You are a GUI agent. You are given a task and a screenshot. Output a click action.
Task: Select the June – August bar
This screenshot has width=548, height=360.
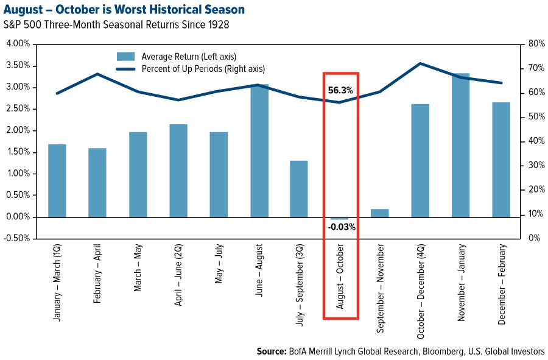click(259, 150)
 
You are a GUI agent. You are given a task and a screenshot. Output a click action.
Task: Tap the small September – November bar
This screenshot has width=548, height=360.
click(380, 213)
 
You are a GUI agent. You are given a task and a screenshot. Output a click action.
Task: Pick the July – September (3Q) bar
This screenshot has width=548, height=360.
click(300, 189)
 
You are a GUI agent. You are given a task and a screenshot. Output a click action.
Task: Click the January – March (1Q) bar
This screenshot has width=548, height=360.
click(57, 180)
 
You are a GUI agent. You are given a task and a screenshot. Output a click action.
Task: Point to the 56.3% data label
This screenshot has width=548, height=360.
click(340, 90)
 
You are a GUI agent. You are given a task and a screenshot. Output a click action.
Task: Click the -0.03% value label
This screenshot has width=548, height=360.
click(341, 227)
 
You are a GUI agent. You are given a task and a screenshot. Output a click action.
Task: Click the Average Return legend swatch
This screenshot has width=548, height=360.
click(125, 57)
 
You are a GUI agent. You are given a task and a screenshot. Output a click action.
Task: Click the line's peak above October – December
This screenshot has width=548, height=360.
click(420, 63)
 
